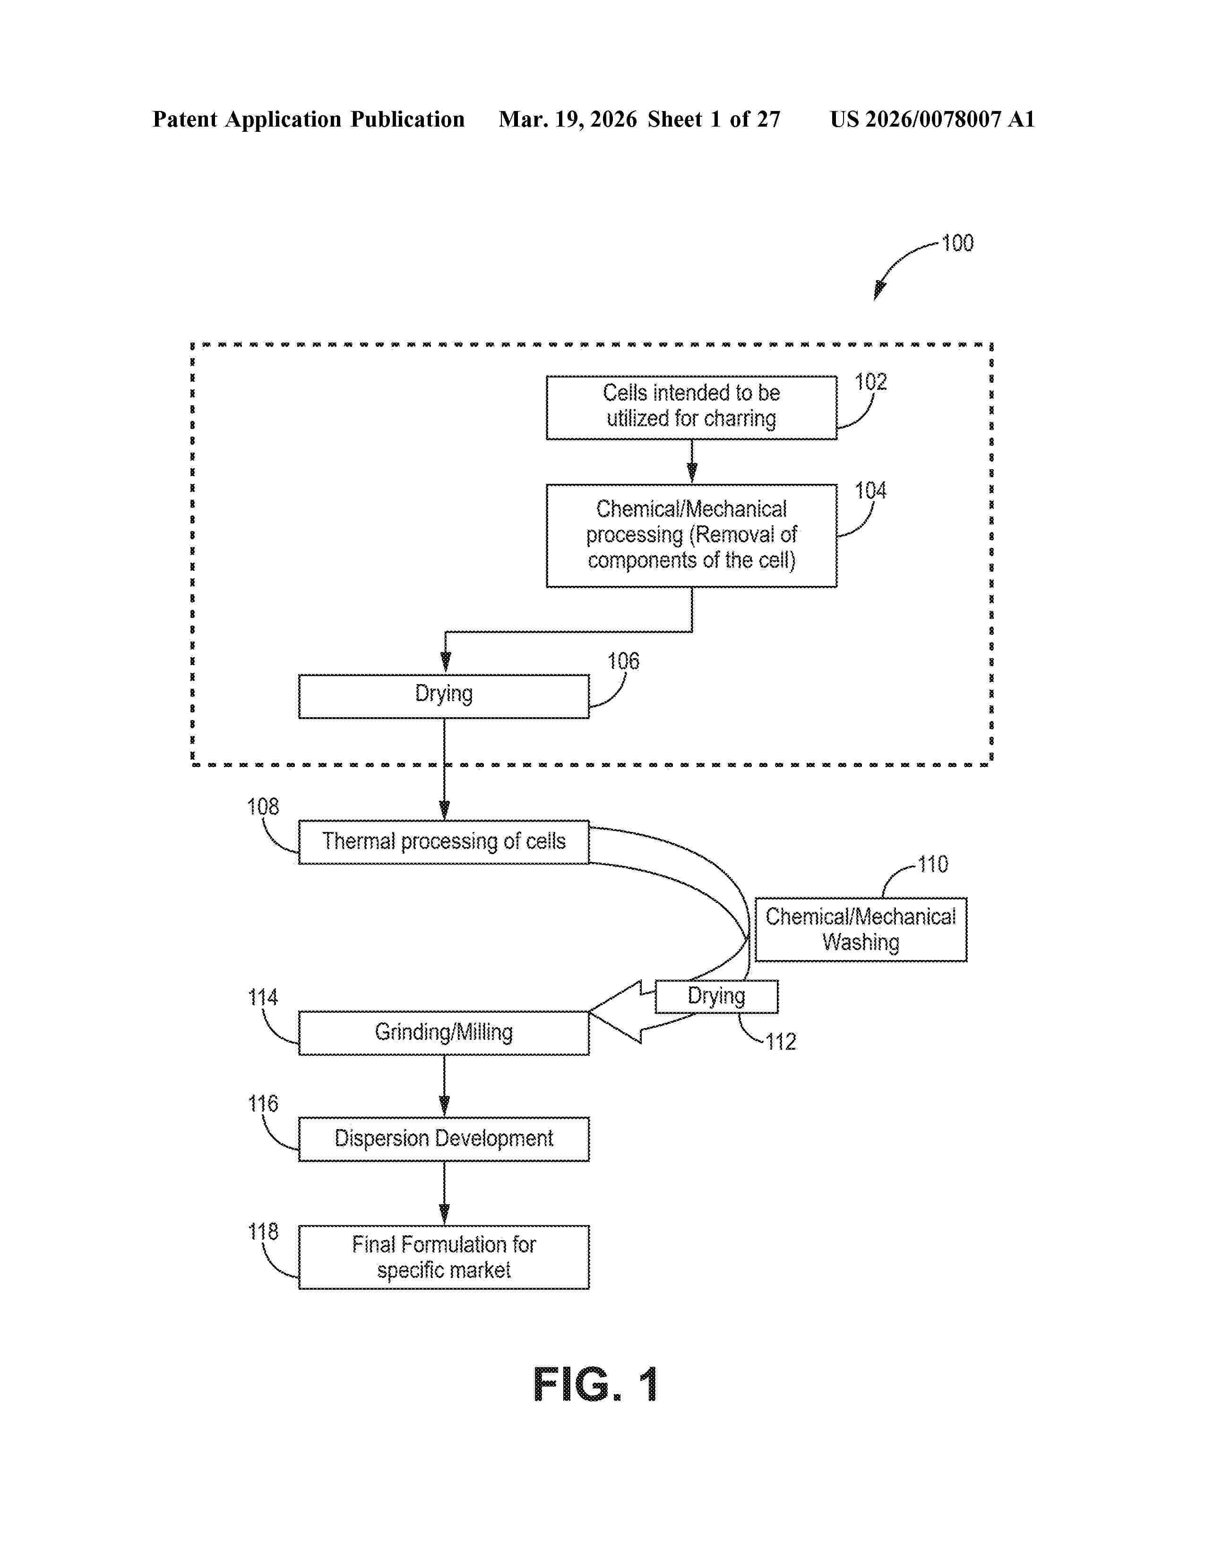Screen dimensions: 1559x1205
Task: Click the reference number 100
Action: [957, 243]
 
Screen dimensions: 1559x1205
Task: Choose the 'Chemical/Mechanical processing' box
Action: [691, 535]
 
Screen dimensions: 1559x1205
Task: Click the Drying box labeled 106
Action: [443, 696]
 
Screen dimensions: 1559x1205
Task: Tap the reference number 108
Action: [263, 806]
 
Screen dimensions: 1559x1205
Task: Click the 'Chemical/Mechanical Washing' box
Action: [860, 929]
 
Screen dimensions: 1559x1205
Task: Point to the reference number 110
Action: [932, 865]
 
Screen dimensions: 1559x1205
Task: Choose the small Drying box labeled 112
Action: [716, 996]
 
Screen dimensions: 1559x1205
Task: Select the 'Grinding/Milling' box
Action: [443, 1032]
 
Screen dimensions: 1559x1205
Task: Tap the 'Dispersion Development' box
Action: [443, 1139]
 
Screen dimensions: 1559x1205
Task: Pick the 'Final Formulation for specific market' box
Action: [443, 1257]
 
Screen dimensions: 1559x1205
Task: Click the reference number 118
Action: [263, 1231]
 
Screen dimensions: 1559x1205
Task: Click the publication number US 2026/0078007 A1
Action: [931, 119]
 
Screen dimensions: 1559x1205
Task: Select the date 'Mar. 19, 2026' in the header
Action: [568, 119]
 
